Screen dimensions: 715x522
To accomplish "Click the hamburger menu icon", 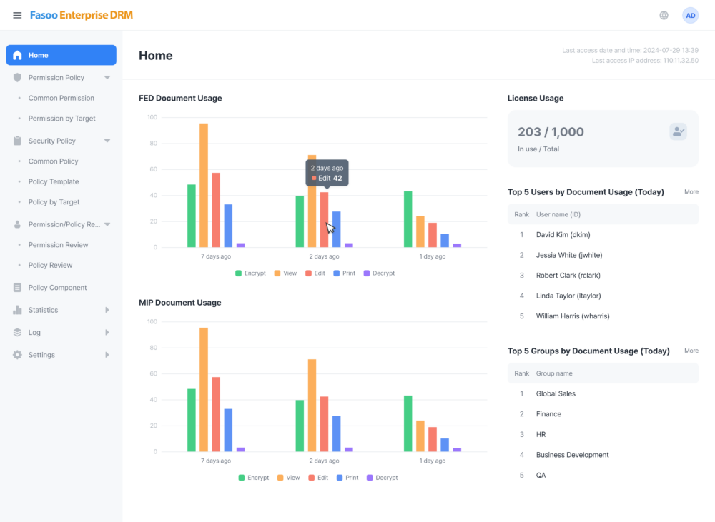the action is pos(17,16).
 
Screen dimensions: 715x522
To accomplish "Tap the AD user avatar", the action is pos(691,16).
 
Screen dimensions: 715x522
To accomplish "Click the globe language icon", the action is pos(664,16).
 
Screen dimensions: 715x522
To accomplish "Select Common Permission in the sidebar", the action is pos(61,98).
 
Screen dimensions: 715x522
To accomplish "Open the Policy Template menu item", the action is pos(54,181).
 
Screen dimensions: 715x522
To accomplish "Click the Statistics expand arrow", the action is pos(107,310).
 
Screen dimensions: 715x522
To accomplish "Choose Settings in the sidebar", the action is pos(41,355).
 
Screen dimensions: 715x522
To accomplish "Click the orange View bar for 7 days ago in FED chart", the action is pos(204,186).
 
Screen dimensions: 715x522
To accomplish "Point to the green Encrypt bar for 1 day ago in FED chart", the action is pos(408,219).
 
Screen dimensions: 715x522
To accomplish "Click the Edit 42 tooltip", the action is pos(327,173).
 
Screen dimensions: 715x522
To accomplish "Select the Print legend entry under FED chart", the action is pos(345,273).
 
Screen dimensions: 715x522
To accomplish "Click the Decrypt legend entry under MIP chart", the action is pos(382,477).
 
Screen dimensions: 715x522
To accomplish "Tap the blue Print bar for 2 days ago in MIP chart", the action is pos(337,433).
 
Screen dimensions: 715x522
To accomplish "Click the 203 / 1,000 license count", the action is pos(551,131).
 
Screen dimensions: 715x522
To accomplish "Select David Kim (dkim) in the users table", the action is pos(563,235).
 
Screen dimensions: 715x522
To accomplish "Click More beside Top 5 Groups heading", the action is pos(691,351).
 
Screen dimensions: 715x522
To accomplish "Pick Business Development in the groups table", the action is pos(572,455).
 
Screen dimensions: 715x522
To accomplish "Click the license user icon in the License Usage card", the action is pos(678,131).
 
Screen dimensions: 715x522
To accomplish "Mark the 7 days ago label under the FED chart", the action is pos(216,256).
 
